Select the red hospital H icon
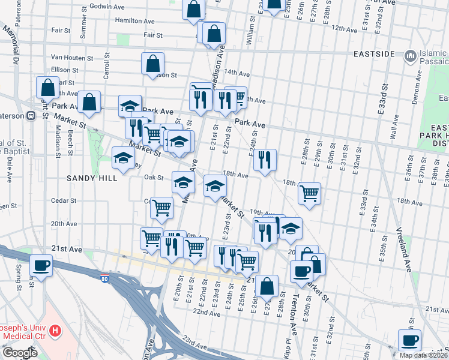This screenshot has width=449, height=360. click(55, 330)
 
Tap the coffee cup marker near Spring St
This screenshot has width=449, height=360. click(41, 265)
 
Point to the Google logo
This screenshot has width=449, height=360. click(19, 353)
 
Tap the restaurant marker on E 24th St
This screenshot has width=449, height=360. click(264, 160)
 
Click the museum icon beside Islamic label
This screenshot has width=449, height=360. click(411, 56)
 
